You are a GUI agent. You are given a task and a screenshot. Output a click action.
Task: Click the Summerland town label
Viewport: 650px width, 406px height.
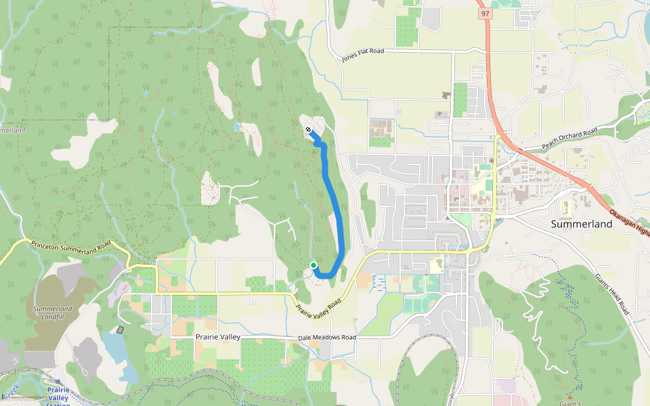click(x=582, y=224)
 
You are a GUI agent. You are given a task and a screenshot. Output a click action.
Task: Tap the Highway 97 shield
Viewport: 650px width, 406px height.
click(x=483, y=13)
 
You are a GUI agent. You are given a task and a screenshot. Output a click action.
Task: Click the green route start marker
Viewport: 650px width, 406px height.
click(x=313, y=265)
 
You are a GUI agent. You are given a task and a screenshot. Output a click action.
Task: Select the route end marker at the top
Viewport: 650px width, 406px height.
click(x=308, y=129)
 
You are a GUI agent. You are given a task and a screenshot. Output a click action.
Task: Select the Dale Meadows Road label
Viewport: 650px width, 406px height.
click(x=326, y=338)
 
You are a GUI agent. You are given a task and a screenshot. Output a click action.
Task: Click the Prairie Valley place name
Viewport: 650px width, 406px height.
click(x=219, y=336)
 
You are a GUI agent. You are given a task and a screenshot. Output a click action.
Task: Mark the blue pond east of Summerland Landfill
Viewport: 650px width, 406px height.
click(x=114, y=348)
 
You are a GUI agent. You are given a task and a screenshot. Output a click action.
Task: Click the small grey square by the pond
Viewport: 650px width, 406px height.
click(x=121, y=330)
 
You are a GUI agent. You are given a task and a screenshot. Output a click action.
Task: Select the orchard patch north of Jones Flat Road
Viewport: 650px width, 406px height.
click(x=406, y=30)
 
